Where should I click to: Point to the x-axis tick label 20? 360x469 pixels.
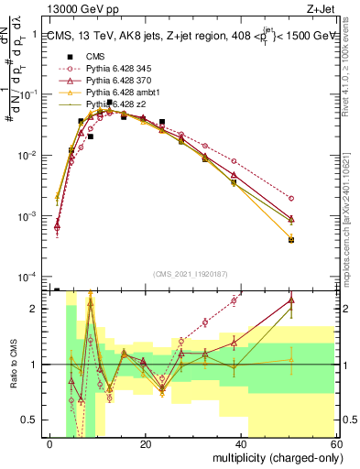coord(146,443)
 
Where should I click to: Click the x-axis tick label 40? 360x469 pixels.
coord(242,443)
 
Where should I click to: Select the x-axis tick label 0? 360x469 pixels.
coord(49,443)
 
